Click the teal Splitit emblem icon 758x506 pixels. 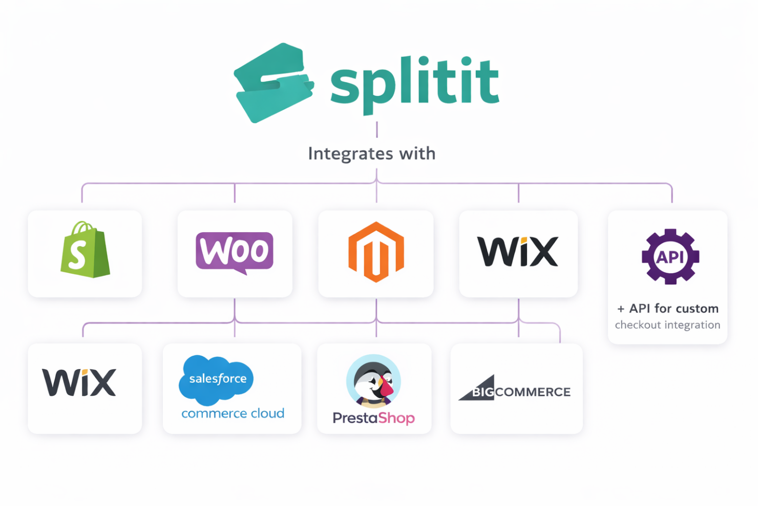[273, 83]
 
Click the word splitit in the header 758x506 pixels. [414, 82]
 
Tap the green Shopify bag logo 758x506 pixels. [85, 251]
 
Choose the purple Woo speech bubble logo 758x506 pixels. [235, 252]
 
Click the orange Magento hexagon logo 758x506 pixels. [376, 252]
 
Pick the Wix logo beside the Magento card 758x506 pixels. [518, 252]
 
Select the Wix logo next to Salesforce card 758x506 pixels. [79, 382]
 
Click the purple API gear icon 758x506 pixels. [670, 256]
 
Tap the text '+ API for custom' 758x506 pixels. [668, 309]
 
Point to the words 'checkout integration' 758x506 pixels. [667, 325]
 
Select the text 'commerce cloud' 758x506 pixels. [233, 413]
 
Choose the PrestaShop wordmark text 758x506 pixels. [373, 418]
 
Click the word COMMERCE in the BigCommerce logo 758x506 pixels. [533, 392]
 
